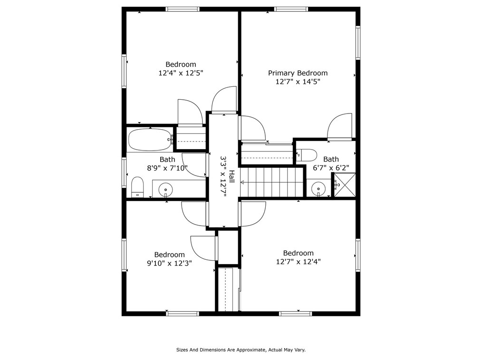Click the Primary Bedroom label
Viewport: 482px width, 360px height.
298,73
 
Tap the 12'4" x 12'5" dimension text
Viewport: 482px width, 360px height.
181,73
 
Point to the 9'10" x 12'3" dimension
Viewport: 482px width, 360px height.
169,263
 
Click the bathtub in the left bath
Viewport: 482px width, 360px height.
150,140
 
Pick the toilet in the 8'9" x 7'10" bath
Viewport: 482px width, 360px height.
137,187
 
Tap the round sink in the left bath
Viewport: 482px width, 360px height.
165,189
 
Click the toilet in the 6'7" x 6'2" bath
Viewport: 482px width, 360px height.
306,155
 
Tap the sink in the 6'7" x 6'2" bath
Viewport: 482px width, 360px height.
318,189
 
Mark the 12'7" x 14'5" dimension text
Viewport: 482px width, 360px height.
298,82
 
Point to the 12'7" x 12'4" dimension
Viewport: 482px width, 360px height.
298,262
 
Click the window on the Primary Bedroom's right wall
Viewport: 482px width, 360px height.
358,42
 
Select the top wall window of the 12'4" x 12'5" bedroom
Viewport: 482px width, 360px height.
183,9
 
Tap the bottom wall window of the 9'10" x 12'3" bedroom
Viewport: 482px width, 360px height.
182,313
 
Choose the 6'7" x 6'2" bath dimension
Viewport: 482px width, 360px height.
331,168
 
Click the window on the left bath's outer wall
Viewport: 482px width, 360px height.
124,172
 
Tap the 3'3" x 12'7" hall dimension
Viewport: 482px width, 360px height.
223,177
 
